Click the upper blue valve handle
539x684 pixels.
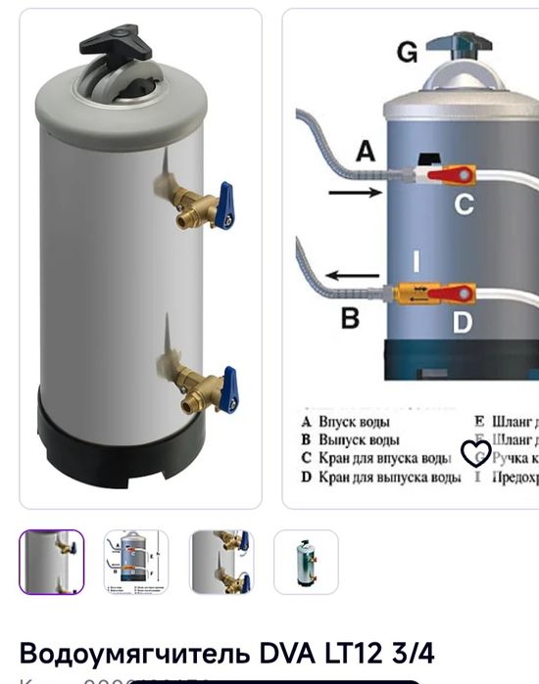tap(225, 203)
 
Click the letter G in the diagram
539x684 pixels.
tap(407, 53)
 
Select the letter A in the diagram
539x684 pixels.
tap(365, 151)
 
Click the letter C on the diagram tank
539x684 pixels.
tap(464, 204)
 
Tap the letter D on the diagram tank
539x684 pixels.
tap(463, 321)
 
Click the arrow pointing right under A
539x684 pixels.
tap(355, 194)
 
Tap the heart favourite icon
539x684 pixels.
tap(475, 453)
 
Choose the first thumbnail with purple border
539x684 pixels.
tap(52, 562)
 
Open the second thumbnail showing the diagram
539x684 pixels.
tap(136, 562)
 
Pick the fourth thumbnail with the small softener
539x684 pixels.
tap(306, 562)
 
